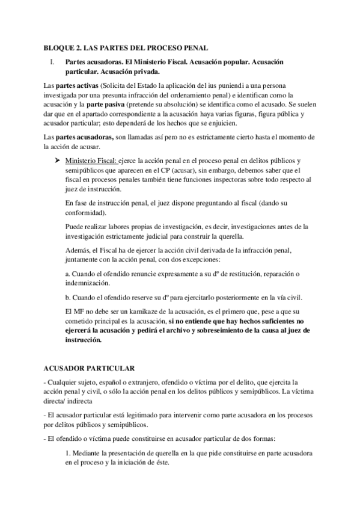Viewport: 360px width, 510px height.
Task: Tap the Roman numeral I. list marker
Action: [52, 63]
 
